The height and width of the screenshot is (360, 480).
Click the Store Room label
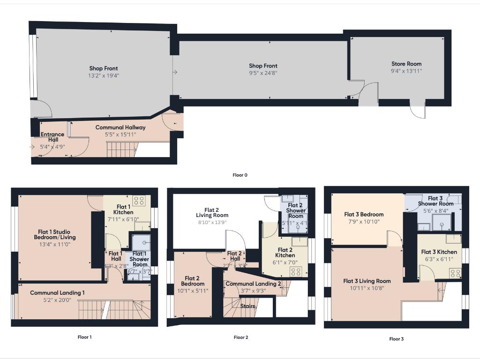tap(406, 64)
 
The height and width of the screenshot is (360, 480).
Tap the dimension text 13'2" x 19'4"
tap(103, 75)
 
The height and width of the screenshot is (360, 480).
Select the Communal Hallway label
tap(120, 127)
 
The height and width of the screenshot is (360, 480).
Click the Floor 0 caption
tap(240, 175)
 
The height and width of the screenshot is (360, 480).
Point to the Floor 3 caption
tap(396, 339)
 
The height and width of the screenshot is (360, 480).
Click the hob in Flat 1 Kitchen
tap(139, 201)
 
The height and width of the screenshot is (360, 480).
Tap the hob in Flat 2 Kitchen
tap(296, 271)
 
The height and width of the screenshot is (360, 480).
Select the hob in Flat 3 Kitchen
tap(455, 273)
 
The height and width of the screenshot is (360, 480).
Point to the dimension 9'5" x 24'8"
tap(262, 73)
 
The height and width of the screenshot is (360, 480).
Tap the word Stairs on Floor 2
tap(247, 306)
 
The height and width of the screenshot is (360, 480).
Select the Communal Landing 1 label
tap(57, 293)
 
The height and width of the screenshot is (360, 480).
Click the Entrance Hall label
tap(52, 137)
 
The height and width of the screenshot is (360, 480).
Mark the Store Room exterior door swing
tap(417, 110)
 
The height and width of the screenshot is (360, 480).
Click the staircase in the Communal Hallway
tap(121, 150)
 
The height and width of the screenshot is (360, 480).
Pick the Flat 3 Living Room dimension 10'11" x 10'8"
tap(367, 288)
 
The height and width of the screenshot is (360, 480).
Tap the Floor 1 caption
tap(84, 337)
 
